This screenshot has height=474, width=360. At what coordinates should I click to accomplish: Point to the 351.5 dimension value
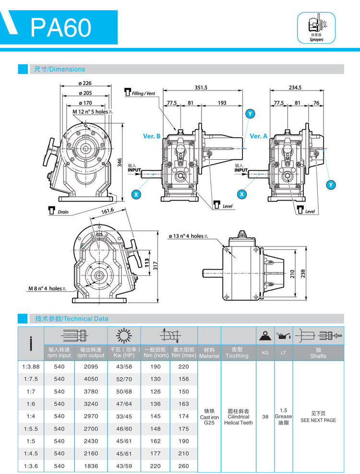(201, 87)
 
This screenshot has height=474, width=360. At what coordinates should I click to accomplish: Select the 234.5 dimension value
(296, 87)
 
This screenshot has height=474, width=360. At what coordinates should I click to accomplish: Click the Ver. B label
(152, 136)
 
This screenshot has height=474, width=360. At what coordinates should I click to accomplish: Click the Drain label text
(63, 211)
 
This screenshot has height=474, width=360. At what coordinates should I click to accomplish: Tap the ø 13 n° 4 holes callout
(188, 236)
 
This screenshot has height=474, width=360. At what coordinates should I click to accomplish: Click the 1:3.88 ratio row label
(31, 367)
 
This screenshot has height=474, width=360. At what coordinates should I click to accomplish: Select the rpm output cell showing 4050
(91, 379)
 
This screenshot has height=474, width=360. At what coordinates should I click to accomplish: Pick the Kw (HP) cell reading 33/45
(124, 416)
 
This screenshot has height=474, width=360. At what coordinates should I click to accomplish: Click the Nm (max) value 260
(183, 466)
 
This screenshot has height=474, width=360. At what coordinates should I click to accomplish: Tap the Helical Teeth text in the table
(238, 423)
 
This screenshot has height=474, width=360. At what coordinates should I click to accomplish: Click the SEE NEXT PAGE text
(318, 420)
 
